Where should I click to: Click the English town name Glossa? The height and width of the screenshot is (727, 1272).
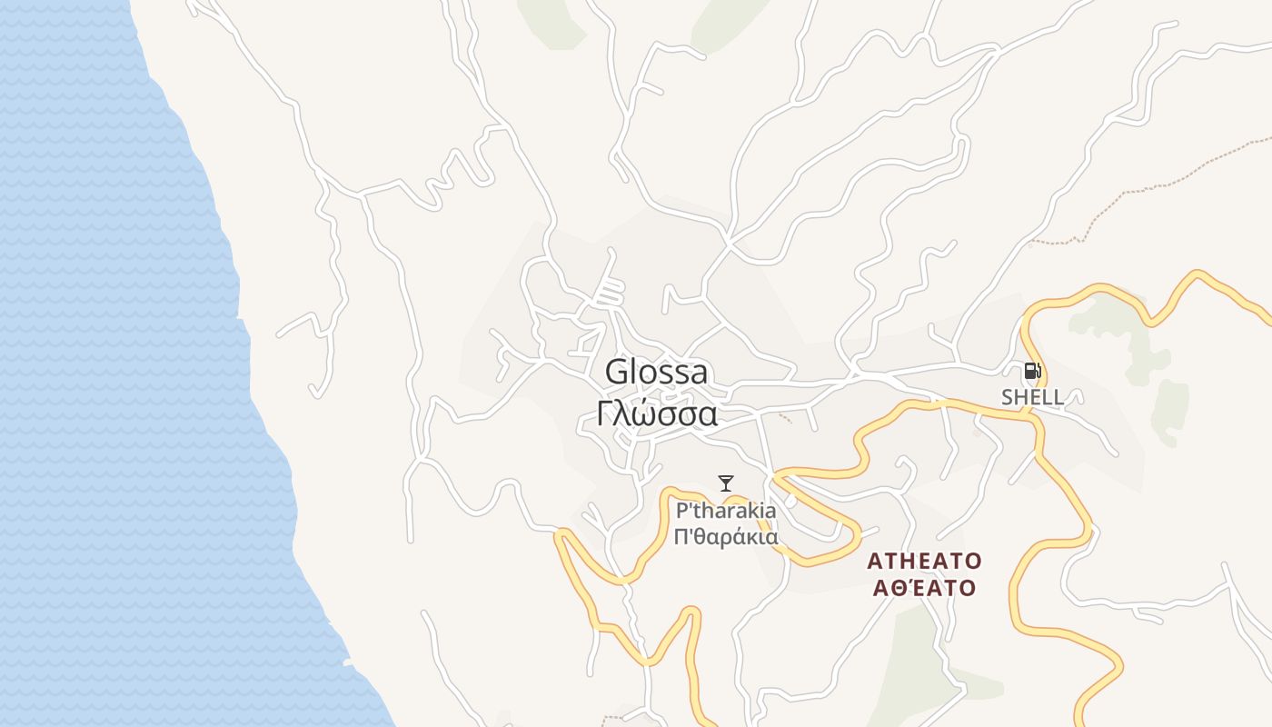(x=656, y=373)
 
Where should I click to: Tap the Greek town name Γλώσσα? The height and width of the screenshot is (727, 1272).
(x=658, y=413)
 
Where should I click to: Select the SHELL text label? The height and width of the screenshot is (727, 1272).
(x=1032, y=397)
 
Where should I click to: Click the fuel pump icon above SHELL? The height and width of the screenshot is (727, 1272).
(x=1031, y=371)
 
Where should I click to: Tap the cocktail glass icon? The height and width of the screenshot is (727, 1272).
(x=725, y=483)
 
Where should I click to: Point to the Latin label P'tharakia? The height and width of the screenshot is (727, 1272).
(x=726, y=511)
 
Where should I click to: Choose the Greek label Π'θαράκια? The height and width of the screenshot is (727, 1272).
(x=726, y=536)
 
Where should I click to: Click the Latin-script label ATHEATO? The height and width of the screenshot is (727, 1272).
(x=925, y=560)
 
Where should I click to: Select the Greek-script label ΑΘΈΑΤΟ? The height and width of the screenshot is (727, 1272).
(x=925, y=588)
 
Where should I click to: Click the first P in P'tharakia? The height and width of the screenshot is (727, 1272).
(x=681, y=511)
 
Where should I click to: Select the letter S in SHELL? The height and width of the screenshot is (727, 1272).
(x=1008, y=397)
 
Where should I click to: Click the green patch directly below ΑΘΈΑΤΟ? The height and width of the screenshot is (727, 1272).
(x=913, y=654)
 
